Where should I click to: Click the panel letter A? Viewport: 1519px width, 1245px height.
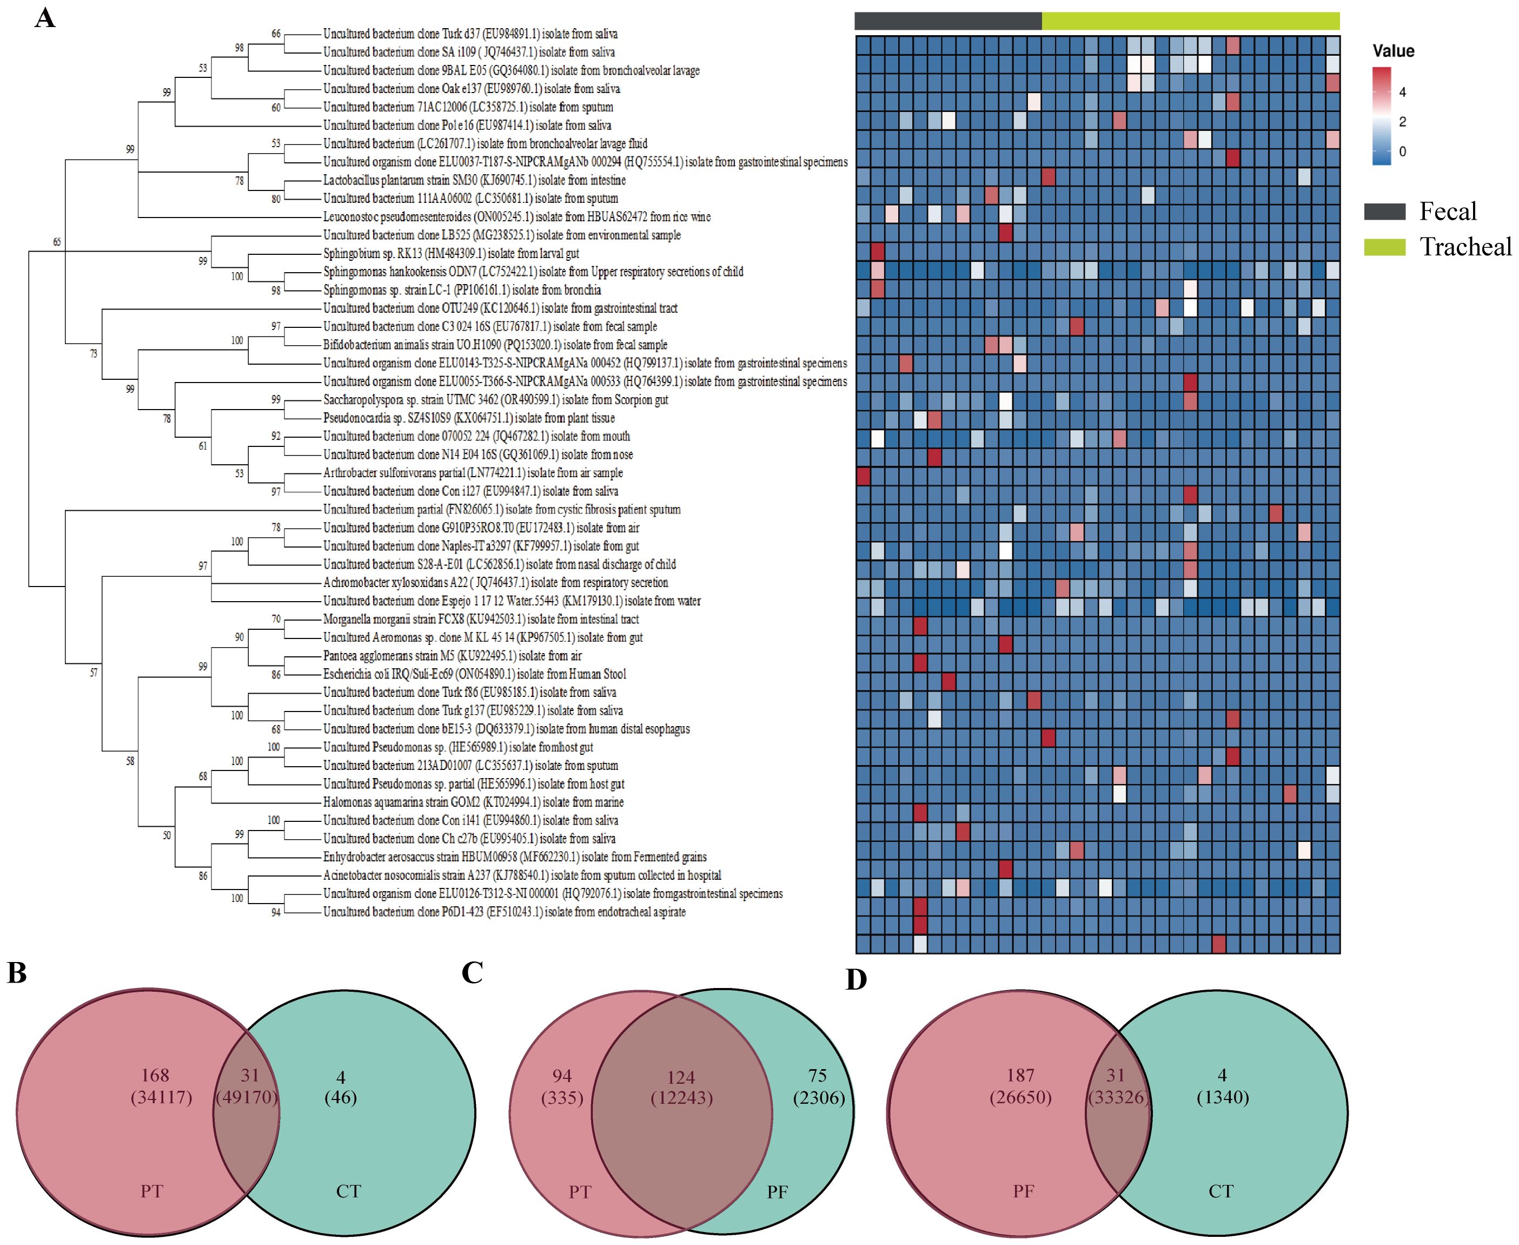[44, 17]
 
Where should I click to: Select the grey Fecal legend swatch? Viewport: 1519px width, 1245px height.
[1384, 211]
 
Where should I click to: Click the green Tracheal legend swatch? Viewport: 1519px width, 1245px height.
[1384, 247]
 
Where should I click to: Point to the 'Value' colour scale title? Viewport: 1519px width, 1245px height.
[1393, 51]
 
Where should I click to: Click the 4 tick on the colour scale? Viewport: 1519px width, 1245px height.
[1402, 92]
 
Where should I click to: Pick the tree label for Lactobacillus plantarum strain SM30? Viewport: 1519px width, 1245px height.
[474, 180]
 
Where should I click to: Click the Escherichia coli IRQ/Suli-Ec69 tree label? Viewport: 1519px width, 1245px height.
[474, 674]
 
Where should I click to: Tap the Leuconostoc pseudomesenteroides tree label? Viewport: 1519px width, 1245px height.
[516, 216]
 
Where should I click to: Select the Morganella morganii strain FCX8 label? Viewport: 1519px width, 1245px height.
[480, 619]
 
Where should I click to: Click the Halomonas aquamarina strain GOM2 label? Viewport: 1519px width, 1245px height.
[473, 802]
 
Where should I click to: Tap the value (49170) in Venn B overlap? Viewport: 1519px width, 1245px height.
[247, 1097]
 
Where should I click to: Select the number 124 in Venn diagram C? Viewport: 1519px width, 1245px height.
[680, 1077]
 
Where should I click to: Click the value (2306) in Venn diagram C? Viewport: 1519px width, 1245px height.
[819, 1097]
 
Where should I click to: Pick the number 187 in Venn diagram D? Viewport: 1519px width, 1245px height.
[1020, 1075]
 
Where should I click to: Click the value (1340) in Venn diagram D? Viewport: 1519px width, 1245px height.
[1222, 1097]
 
